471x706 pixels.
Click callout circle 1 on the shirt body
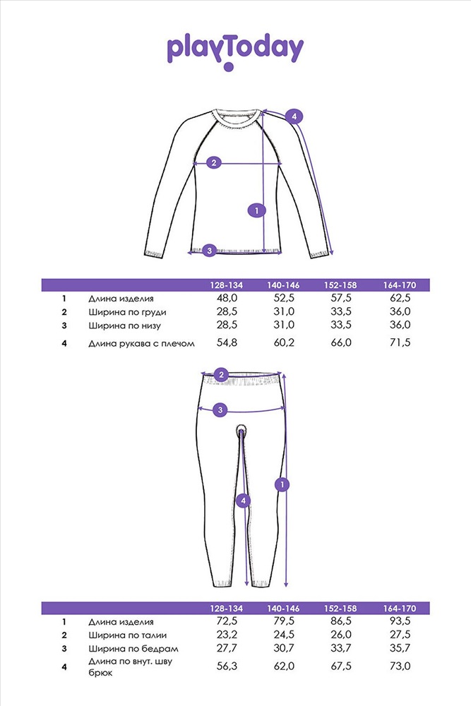(x=258, y=210)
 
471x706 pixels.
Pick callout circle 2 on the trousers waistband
(x=221, y=375)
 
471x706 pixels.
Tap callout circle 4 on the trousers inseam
(x=244, y=501)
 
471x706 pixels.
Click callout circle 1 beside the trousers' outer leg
(x=282, y=484)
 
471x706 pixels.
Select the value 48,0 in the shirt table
(x=226, y=299)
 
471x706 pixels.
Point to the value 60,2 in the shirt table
(x=284, y=342)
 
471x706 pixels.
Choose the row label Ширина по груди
(x=129, y=312)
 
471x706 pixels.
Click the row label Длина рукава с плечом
(x=141, y=343)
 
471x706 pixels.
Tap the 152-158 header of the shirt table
(x=340, y=285)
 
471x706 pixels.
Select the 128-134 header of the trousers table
(x=226, y=609)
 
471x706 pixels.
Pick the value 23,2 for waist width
(x=226, y=635)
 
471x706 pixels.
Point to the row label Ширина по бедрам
(x=133, y=648)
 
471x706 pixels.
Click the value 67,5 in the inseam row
(x=341, y=666)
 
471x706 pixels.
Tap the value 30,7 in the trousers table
(x=284, y=648)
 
